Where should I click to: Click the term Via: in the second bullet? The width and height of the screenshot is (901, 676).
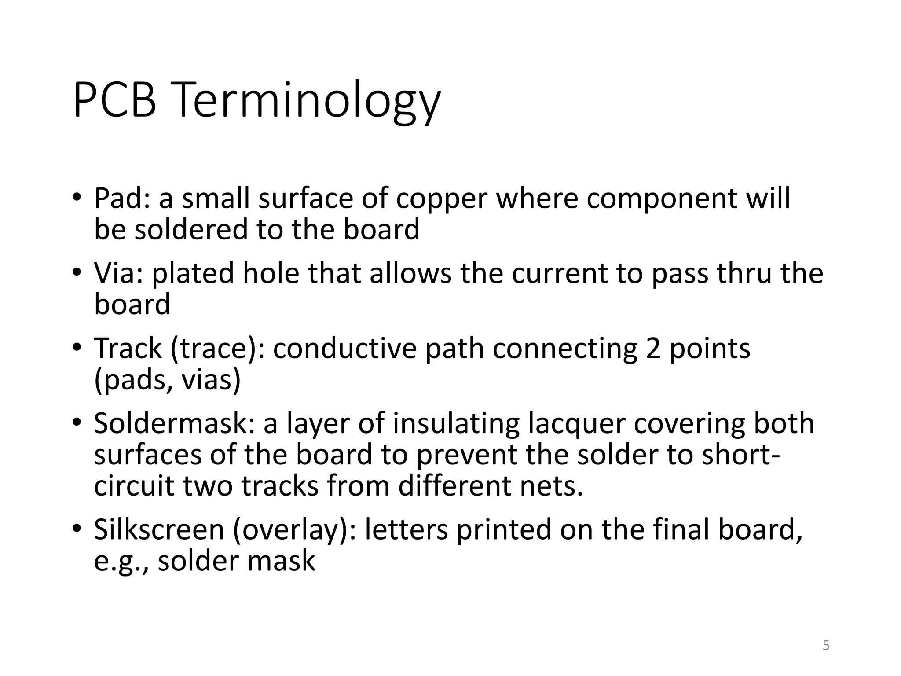[x=119, y=273]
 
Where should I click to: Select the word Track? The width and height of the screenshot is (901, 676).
[x=128, y=348]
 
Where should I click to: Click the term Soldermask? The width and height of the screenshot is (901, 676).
[x=174, y=423]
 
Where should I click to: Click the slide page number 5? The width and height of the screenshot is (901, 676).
[x=826, y=646]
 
